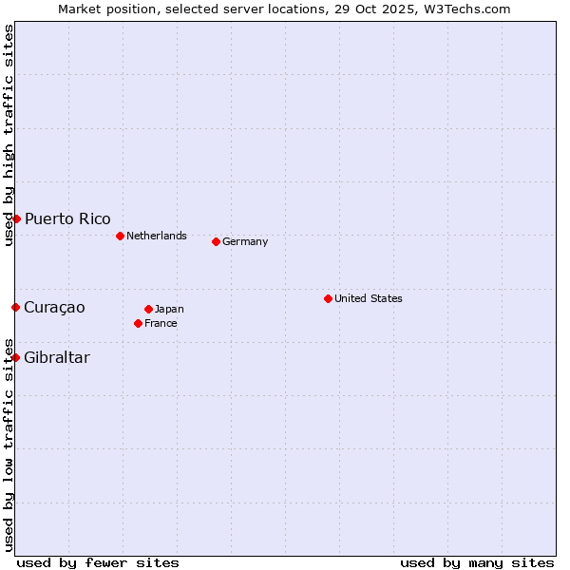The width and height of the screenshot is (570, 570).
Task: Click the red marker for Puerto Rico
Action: point(16,218)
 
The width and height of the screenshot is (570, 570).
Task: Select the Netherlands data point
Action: point(120,236)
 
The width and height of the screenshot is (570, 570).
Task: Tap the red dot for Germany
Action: point(216,241)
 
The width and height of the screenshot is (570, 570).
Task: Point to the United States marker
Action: point(328,298)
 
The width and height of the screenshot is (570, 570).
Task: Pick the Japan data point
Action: point(148,309)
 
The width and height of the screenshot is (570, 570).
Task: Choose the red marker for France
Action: point(139,323)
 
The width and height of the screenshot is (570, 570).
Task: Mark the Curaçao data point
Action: point(16,307)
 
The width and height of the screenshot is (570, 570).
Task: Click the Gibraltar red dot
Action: point(16,357)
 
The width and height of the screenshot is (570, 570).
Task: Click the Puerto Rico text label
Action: point(67,219)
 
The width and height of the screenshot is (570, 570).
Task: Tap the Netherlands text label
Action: point(157,236)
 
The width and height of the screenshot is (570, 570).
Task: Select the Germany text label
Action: point(245,241)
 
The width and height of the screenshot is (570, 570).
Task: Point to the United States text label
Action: point(369,298)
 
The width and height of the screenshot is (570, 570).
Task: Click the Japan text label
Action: point(169,309)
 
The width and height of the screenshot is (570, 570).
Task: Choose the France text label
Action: point(161,323)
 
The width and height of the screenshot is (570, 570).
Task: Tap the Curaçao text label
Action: point(54,308)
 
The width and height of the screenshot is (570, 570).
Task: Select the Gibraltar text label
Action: point(57,358)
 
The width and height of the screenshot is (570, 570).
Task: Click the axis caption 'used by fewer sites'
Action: point(98,562)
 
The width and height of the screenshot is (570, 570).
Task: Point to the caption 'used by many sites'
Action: point(477,562)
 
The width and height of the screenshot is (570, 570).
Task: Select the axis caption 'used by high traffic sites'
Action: point(9,135)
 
